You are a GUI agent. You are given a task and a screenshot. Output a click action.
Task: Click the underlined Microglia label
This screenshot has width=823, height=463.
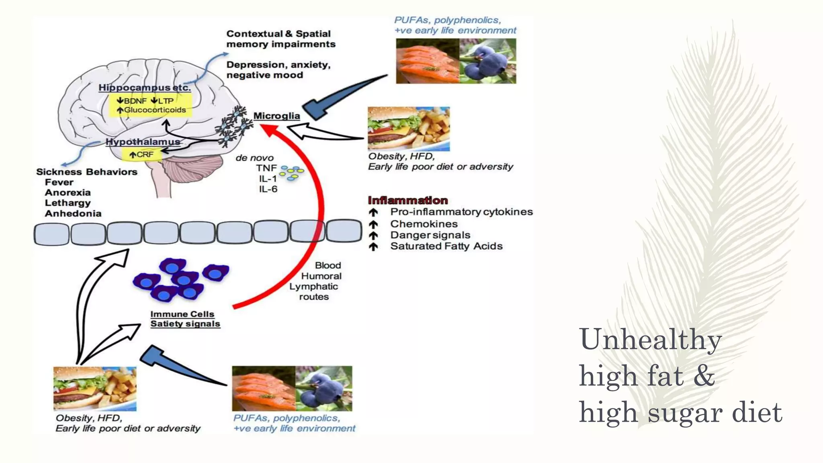pos(276,116)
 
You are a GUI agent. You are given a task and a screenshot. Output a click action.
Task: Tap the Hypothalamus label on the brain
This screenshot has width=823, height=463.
pos(143,141)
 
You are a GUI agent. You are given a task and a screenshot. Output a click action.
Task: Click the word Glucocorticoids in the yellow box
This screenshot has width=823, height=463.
pos(155,110)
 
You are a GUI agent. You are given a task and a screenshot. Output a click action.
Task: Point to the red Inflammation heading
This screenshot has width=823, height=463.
pos(407,200)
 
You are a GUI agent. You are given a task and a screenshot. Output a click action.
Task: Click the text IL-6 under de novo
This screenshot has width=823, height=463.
pos(268,189)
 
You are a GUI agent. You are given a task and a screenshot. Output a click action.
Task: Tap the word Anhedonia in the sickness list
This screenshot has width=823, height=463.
pos(73,213)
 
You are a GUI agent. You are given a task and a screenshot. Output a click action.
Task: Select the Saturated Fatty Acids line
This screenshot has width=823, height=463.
pos(446,246)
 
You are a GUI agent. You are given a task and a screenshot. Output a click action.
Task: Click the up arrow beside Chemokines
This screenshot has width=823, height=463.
pos(373,224)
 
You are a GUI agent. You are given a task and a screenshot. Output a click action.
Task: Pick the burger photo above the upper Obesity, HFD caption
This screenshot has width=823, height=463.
pos(408,129)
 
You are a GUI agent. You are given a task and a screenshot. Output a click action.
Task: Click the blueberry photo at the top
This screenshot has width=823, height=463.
pos(487,61)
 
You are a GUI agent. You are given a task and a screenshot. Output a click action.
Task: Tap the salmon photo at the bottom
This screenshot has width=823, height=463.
pos(264,388)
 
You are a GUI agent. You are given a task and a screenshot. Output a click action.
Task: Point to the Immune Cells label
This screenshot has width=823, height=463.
pos(182,314)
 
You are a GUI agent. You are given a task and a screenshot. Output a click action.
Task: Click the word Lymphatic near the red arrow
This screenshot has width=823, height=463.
pos(313,286)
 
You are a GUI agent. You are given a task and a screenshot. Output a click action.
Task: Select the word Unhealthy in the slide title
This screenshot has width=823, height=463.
pos(650,340)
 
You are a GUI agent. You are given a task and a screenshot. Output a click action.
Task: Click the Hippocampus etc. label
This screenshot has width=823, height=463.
pos(145,88)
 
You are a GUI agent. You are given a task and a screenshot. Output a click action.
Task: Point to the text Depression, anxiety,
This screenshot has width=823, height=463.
pos(278,65)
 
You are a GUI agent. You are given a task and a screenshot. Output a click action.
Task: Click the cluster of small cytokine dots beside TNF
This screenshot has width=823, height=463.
pos(292,172)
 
